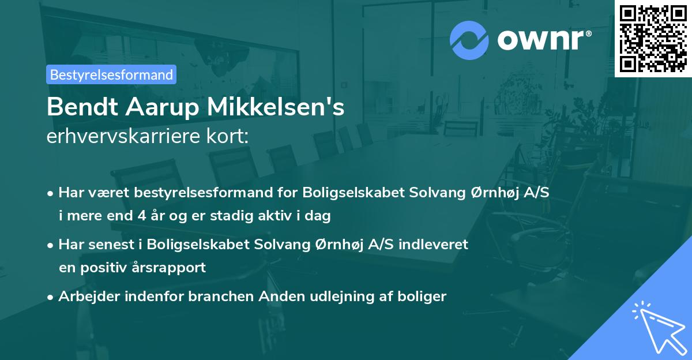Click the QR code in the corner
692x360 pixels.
(x=653, y=38)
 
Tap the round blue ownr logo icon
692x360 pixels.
(x=469, y=39)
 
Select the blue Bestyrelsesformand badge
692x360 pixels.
(x=111, y=74)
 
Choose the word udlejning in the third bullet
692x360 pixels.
(x=331, y=297)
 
